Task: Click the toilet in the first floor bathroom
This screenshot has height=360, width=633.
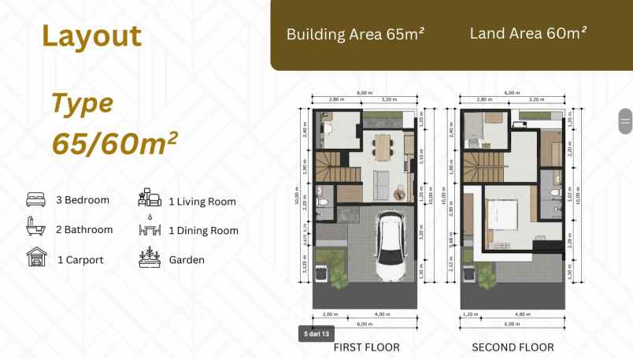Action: click(322, 199)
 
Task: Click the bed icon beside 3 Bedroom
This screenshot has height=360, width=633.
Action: click(36, 200)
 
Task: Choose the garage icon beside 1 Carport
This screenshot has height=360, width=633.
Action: click(36, 258)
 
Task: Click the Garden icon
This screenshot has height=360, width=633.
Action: click(149, 258)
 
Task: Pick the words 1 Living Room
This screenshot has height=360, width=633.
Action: click(202, 202)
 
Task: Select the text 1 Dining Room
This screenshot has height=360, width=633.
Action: click(203, 231)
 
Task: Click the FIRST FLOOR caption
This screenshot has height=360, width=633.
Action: click(366, 347)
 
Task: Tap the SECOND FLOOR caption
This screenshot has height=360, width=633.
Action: click(512, 347)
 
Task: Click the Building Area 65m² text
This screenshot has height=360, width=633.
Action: click(355, 35)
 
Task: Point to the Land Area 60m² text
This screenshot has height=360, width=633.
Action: click(527, 33)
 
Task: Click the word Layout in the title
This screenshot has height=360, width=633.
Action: click(91, 36)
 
